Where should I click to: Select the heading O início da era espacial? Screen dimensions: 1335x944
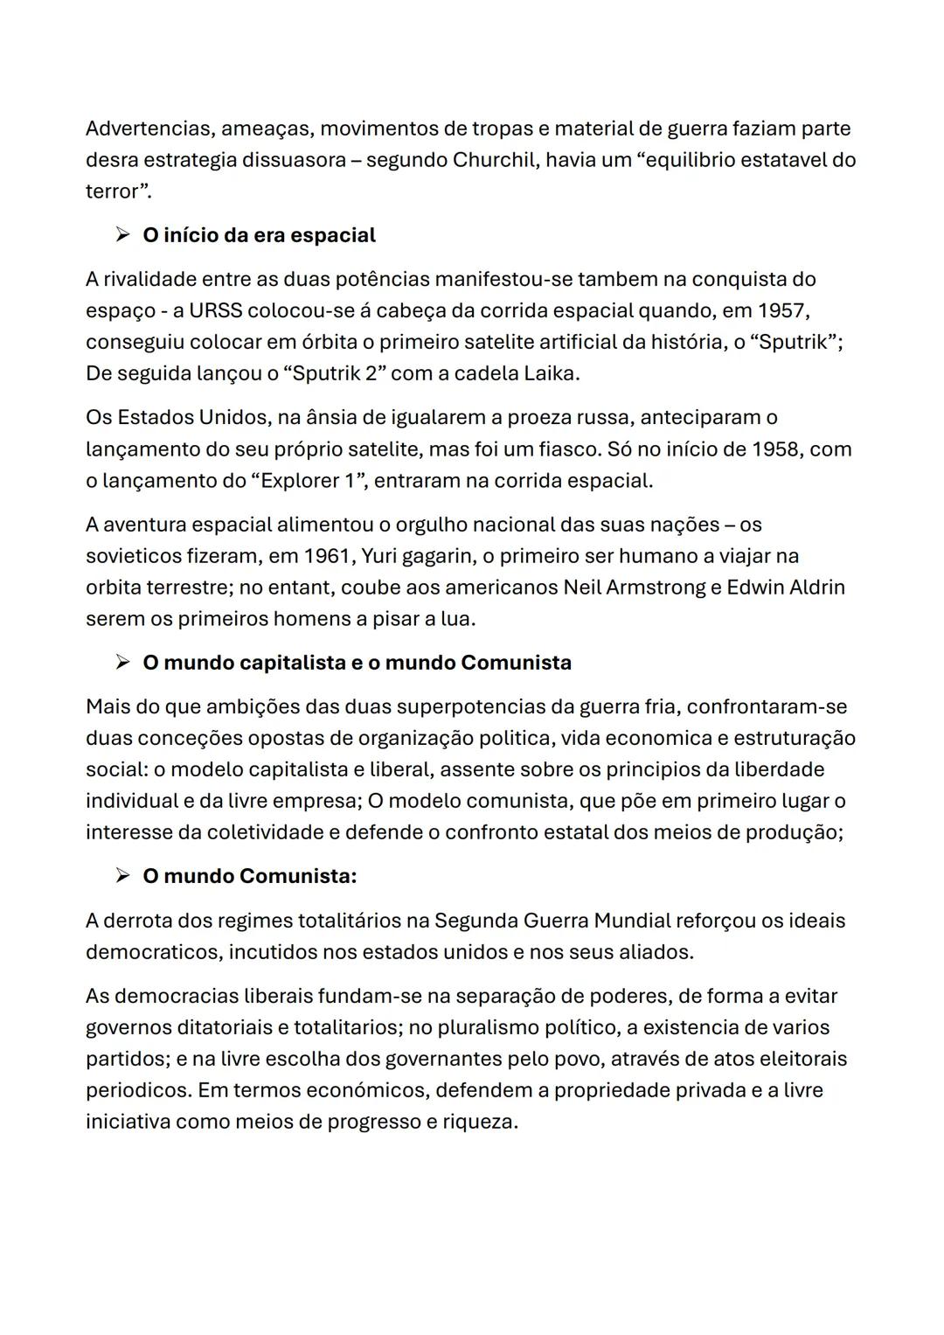click(259, 235)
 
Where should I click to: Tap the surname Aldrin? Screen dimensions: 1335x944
click(816, 587)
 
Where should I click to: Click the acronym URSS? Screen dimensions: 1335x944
click(215, 310)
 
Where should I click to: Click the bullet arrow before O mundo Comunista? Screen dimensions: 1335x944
click(122, 876)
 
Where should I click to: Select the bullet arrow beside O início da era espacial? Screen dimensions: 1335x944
click(122, 235)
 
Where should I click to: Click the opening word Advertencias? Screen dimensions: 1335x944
click(149, 129)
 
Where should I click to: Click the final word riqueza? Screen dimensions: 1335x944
click(482, 1122)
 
